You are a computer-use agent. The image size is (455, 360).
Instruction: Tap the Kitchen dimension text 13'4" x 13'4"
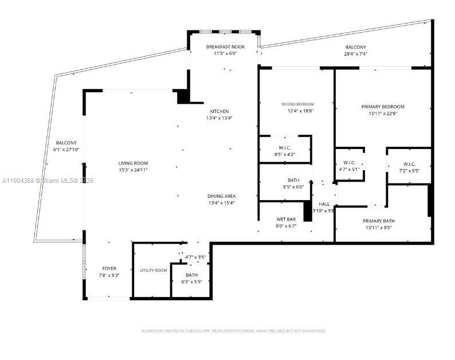click(219, 118)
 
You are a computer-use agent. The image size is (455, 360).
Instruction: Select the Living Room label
click(133, 163)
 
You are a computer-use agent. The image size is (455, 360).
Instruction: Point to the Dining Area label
click(221, 196)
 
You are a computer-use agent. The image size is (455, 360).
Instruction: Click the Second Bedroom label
click(296, 104)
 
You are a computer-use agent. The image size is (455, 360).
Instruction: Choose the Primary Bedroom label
click(383, 107)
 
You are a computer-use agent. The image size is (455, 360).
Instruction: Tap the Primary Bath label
click(378, 221)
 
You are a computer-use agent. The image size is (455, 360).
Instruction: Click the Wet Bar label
click(285, 219)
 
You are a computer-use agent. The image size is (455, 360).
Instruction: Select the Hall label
click(324, 204)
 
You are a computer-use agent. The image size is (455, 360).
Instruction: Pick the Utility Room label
click(154, 270)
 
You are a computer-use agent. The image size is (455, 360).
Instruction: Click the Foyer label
click(109, 268)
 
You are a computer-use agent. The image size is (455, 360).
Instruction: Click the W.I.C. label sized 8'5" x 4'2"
click(285, 148)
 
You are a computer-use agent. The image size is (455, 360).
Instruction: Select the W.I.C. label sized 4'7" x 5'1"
click(350, 162)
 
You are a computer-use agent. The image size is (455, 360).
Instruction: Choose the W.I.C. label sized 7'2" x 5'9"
click(409, 163)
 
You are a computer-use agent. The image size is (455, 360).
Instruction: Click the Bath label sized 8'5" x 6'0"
click(285, 180)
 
